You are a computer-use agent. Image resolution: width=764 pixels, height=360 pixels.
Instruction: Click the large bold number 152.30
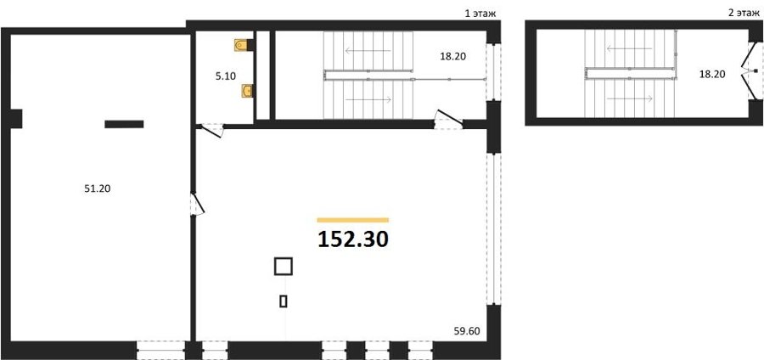[353, 239]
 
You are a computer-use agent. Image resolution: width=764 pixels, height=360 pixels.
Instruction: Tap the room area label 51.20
[98, 189]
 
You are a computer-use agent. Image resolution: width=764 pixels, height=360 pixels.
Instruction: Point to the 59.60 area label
[467, 332]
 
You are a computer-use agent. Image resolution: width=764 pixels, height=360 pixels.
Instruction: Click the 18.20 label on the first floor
[452, 57]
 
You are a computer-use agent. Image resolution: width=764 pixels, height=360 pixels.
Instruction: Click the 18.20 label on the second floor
[712, 75]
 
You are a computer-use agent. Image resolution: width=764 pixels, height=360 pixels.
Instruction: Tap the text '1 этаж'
[480, 14]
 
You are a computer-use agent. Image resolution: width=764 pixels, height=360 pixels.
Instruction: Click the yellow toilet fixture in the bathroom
[241, 45]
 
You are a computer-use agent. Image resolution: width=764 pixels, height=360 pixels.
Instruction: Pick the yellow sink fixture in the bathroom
[247, 91]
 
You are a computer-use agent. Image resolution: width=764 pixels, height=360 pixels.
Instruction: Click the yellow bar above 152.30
[353, 220]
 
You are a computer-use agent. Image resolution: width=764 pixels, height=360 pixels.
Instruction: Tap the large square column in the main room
[283, 267]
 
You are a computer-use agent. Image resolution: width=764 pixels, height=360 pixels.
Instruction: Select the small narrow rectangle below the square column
[283, 301]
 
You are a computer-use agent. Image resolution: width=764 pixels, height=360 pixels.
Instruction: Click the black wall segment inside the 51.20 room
[124, 124]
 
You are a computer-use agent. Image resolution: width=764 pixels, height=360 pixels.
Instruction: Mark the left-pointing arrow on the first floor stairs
[368, 50]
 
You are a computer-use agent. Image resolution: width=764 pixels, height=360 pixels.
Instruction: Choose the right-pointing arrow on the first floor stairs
[368, 99]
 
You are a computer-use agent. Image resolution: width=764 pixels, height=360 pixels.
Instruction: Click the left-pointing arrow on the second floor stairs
[629, 48]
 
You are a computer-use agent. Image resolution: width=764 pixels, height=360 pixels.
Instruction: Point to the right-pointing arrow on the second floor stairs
[630, 98]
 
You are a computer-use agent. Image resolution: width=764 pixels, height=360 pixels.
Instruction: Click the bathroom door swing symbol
[212, 130]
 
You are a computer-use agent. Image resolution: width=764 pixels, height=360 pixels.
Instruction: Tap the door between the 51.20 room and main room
[197, 204]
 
